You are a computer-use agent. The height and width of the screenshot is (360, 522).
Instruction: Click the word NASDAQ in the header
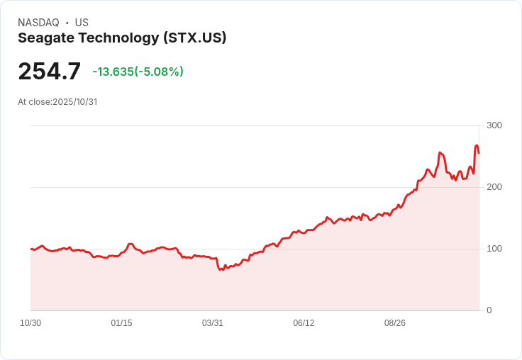pos(38,23)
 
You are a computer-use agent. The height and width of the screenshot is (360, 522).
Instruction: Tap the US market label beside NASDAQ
pos(82,23)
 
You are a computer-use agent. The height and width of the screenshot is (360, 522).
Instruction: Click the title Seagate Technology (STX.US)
pos(122,38)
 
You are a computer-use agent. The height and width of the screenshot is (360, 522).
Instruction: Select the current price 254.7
pos(49,72)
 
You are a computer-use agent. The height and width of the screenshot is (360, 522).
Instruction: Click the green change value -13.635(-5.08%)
pos(138,72)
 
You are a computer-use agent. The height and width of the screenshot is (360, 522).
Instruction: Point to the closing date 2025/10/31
pos(74,102)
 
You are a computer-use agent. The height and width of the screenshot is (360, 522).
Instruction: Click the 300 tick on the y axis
pos(494,125)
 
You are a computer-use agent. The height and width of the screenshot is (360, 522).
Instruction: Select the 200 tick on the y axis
pos(494,187)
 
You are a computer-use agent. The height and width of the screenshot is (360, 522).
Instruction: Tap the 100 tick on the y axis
pos(494,249)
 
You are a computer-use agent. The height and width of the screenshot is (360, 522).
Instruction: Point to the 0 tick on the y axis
pos(489,310)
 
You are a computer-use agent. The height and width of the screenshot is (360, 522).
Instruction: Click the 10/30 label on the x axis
pos(30,323)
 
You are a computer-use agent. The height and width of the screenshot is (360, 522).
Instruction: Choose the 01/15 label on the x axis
pos(122,323)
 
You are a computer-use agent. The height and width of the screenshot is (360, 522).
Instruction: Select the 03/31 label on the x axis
pos(213,323)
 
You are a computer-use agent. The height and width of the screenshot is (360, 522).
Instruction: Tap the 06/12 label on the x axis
pos(304,323)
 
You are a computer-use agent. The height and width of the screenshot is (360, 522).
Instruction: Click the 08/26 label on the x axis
pos(395,323)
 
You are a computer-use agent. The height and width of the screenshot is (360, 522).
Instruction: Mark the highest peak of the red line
pos(477,145)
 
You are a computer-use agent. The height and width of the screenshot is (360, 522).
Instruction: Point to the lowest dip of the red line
pos(221,270)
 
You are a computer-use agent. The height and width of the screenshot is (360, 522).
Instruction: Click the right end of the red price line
pos(479,152)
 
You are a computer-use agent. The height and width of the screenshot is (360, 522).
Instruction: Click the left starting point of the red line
pos(31,249)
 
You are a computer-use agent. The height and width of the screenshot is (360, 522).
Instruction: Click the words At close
pos(34,102)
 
